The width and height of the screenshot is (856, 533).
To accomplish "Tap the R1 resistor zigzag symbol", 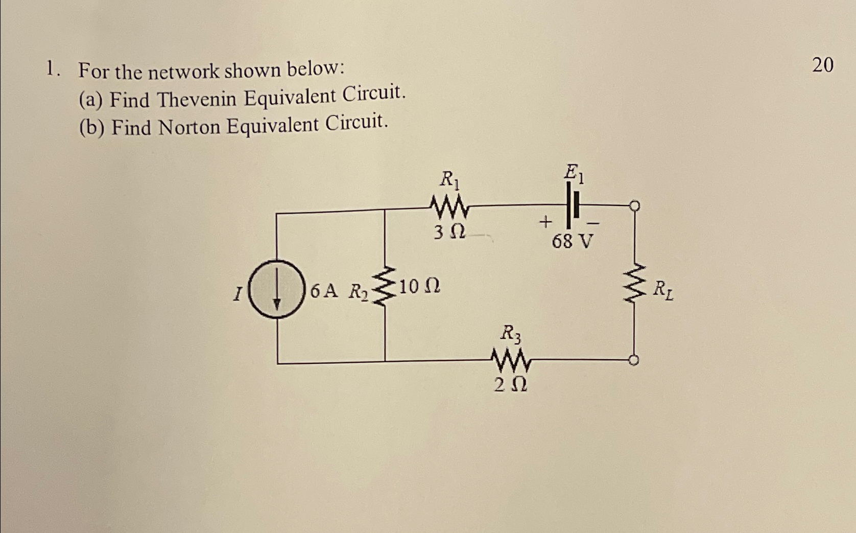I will coord(449,207).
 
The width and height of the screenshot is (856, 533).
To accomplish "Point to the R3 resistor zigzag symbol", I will coord(511,359).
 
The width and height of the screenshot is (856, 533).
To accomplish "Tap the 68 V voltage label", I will coord(573,241).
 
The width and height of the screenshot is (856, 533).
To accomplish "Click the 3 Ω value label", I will coord(449,233).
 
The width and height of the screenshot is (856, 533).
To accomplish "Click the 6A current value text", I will coord(324,291).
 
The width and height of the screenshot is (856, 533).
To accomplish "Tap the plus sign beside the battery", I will coord(546,222).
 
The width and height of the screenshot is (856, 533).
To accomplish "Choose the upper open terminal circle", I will coord(635,205).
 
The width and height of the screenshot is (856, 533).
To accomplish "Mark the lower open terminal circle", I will coord(634,361).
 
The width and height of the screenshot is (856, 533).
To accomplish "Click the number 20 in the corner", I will coord(822,65).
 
